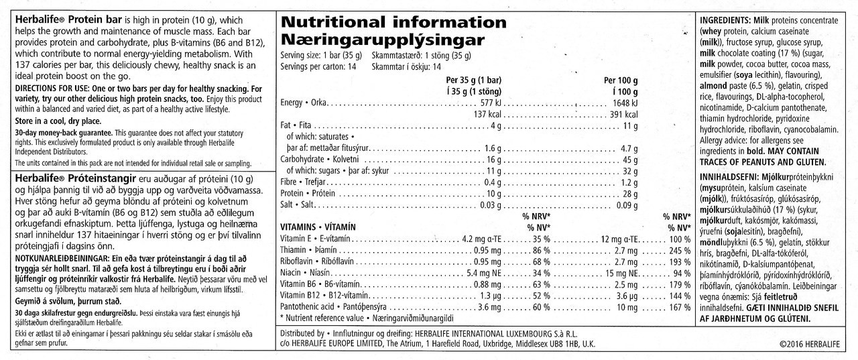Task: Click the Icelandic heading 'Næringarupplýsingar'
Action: [382, 39]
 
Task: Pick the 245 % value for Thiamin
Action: [678, 249]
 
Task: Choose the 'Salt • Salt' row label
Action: [296, 205]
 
